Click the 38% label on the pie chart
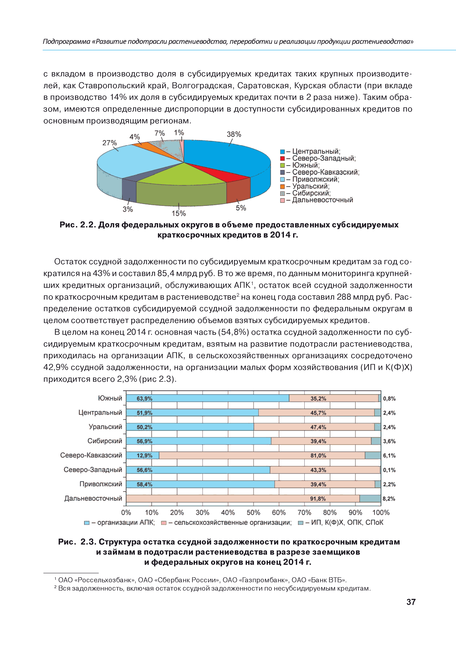click(234, 134)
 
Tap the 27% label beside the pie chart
click(109, 143)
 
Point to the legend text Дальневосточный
click(322, 200)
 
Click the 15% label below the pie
click(179, 214)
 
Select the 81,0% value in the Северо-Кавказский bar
click(318, 456)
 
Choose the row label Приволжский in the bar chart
click(101, 484)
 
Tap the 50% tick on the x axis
click(253, 513)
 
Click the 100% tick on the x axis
click(381, 513)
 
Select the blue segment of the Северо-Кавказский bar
click(142, 456)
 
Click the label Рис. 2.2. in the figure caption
click(78, 225)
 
